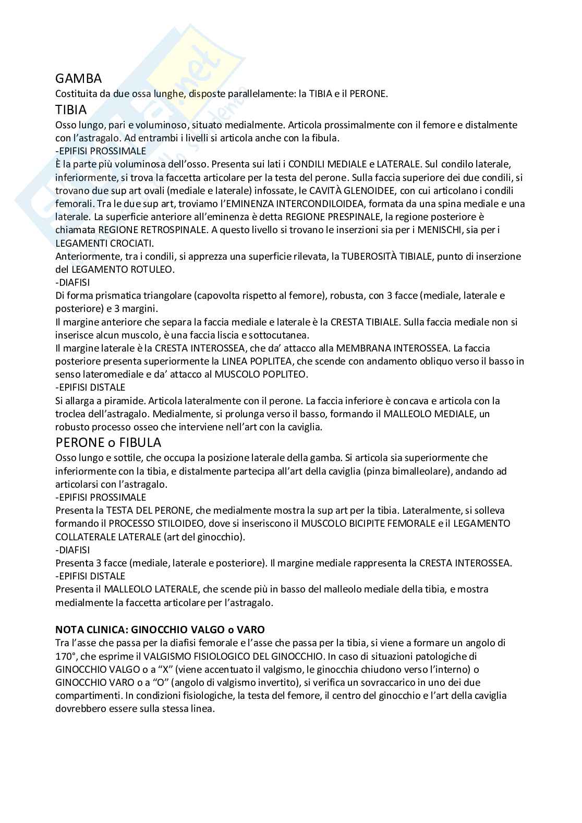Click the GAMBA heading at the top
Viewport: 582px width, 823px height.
pyautogui.click(x=78, y=79)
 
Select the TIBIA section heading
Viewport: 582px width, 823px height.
pyautogui.click(x=71, y=110)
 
